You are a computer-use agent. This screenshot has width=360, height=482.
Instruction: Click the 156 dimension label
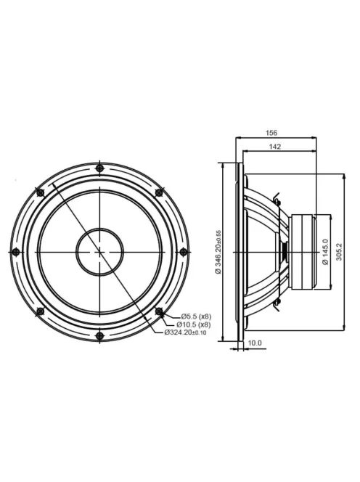pyautogui.click(x=272, y=133)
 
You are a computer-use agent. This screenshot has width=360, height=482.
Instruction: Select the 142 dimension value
pyautogui.click(x=274, y=147)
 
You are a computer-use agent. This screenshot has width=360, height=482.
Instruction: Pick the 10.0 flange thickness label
pyautogui.click(x=255, y=343)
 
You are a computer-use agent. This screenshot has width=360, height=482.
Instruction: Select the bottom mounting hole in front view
pyautogui.click(x=99, y=335)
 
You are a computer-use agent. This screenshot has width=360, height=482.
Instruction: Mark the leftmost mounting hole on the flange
pyautogui.click(x=15, y=252)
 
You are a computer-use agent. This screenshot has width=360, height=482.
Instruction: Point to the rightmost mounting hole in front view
pyautogui.click(x=183, y=252)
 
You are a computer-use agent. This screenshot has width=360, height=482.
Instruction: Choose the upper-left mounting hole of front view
pyautogui.click(x=40, y=192)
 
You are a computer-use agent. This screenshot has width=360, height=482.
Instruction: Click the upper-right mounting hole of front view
pyautogui.click(x=159, y=192)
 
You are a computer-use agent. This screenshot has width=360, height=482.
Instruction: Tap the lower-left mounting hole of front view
pyautogui.click(x=40, y=311)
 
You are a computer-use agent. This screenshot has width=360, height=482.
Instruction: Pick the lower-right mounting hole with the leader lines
pyautogui.click(x=159, y=311)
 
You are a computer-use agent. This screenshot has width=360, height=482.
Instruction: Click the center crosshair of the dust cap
pyautogui.click(x=99, y=252)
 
